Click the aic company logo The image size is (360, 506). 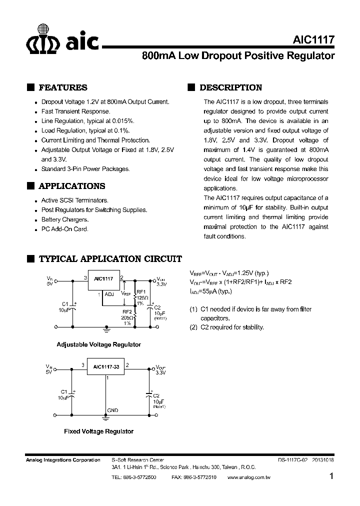click(x=62, y=39)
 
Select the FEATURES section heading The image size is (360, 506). click(x=63, y=87)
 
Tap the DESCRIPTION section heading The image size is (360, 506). click(x=230, y=87)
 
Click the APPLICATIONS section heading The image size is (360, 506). click(x=72, y=186)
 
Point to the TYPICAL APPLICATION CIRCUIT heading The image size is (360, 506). click(x=110, y=259)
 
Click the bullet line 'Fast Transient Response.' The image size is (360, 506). click(x=75, y=111)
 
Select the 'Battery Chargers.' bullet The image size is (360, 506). click(x=65, y=219)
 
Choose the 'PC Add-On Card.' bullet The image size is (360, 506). click(x=64, y=229)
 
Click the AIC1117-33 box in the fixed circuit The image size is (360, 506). click(x=105, y=366)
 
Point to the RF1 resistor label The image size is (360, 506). click(x=140, y=291)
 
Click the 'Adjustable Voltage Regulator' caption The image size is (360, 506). click(x=98, y=344)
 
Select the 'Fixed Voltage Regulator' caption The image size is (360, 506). click(x=98, y=431)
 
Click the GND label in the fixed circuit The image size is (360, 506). click(x=112, y=410)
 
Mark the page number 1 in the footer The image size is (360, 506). click(x=331, y=477)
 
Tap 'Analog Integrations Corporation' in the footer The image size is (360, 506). click(x=62, y=460)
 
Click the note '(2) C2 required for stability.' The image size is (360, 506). click(x=226, y=327)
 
